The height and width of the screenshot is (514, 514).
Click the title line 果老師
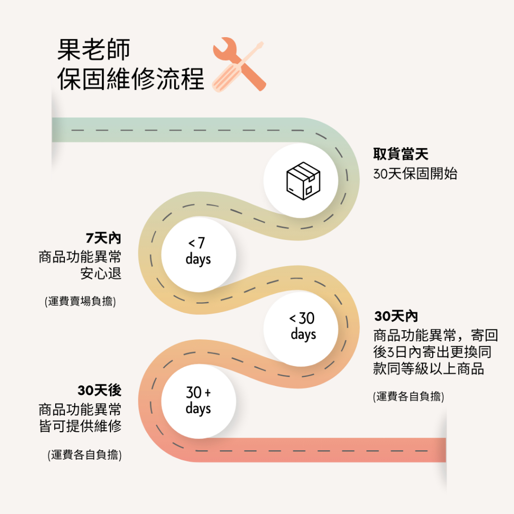point(94,50)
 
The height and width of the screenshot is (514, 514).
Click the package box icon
point(303,181)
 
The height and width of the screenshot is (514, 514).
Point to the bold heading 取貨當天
point(401,154)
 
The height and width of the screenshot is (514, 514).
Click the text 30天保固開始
point(415,173)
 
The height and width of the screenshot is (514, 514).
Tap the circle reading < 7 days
point(198,254)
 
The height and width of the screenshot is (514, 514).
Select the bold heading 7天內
point(103,238)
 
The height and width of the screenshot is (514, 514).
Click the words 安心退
point(101,274)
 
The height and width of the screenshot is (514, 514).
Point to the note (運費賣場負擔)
point(80,301)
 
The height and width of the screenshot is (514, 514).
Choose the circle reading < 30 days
point(301,329)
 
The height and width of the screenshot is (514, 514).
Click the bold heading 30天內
point(396,316)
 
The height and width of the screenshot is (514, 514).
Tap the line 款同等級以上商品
point(429,368)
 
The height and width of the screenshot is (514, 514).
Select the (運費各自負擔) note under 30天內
point(409,397)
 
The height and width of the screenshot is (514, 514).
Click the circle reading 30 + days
point(198,401)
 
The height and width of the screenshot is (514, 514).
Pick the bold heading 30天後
point(99,390)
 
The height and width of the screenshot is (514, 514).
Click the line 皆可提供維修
point(80,426)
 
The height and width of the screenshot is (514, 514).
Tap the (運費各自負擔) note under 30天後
point(84,455)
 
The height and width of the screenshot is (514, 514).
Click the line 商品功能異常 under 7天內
point(80,256)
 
